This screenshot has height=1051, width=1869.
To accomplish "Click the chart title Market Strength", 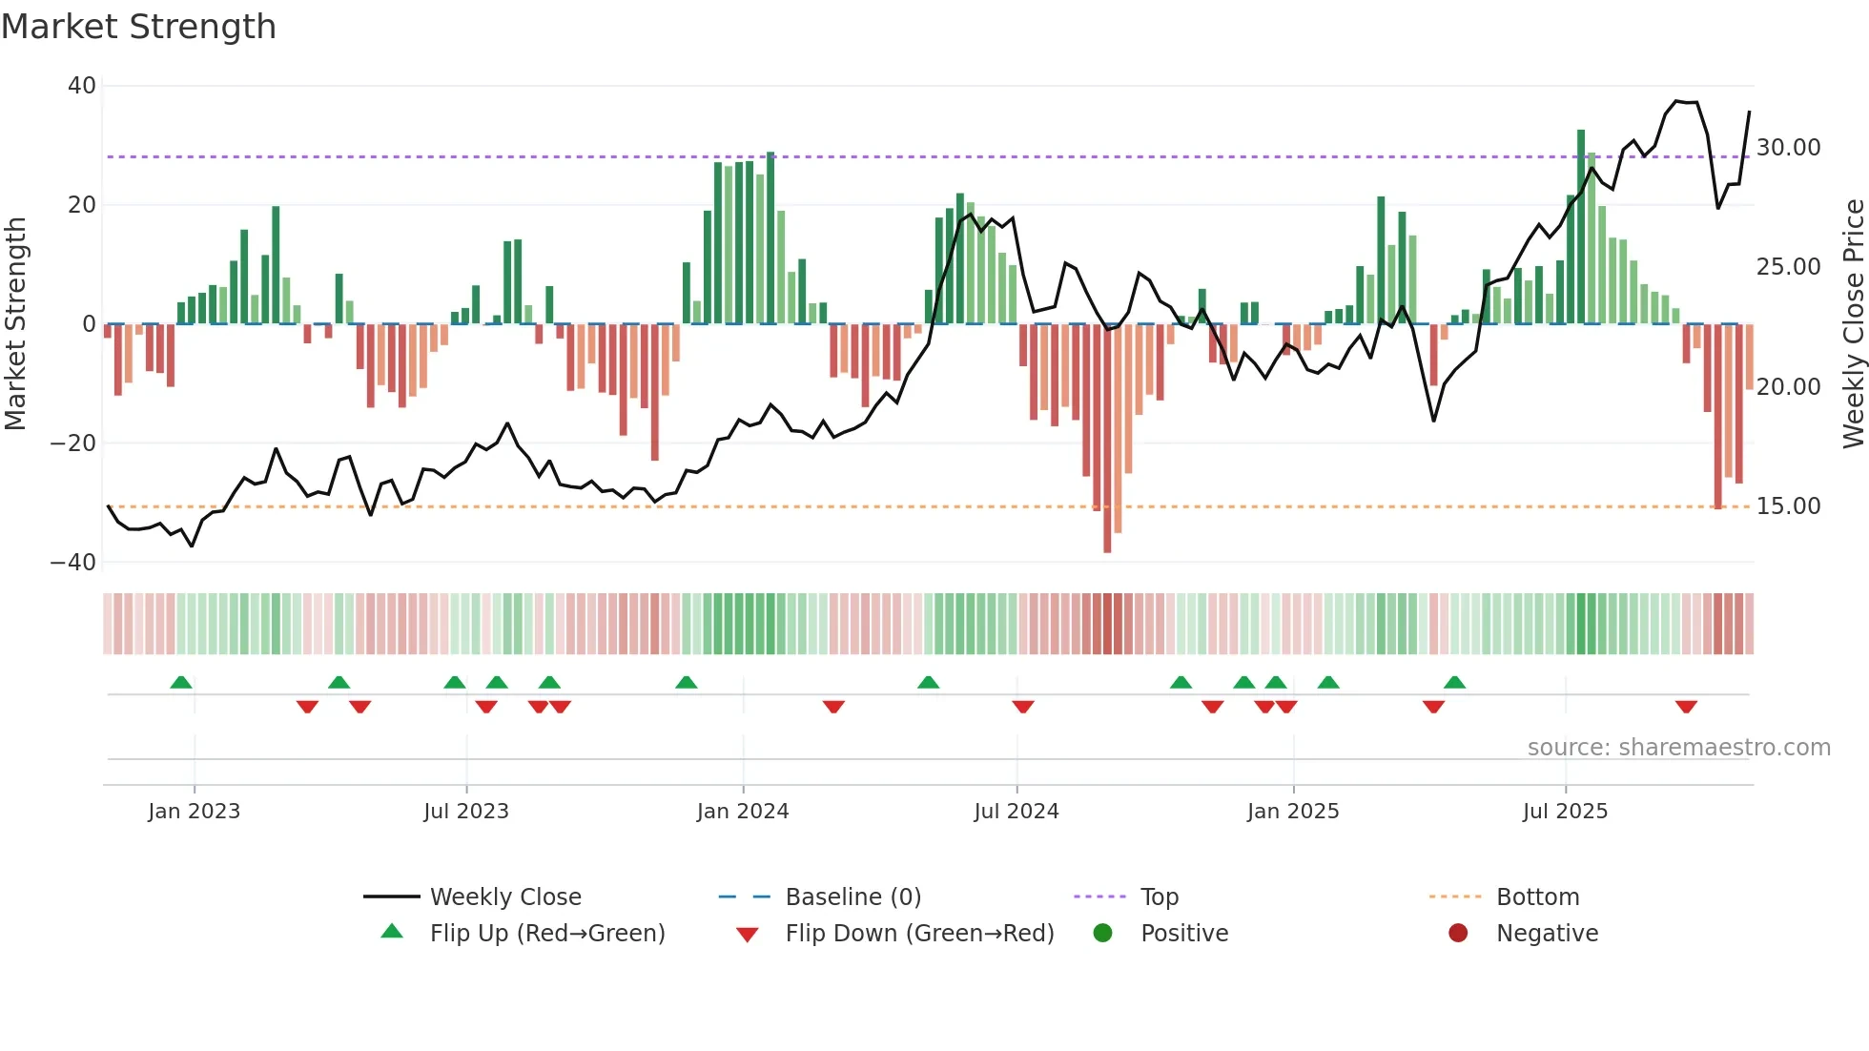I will (138, 27).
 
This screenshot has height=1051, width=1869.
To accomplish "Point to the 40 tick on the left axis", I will (82, 86).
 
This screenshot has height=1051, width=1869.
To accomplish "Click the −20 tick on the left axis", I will (73, 443).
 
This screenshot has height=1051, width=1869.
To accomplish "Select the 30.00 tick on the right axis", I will (1788, 148).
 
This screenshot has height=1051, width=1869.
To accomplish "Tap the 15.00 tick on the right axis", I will (1788, 506).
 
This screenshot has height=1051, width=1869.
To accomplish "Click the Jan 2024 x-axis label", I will (743, 812).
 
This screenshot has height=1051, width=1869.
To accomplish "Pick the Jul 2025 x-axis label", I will (1565, 812).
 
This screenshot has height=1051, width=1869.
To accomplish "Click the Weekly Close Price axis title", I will (1853, 324).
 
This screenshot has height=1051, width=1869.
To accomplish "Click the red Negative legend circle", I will (1458, 934).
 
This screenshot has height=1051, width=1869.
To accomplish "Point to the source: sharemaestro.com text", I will (1678, 748).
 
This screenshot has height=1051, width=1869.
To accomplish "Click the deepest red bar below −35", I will (1107, 439).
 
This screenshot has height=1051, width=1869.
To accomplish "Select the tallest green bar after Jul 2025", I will (1581, 227).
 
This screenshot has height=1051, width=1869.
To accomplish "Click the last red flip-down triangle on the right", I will (1686, 707).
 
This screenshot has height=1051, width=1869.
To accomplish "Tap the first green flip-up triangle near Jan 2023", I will (181, 682).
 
